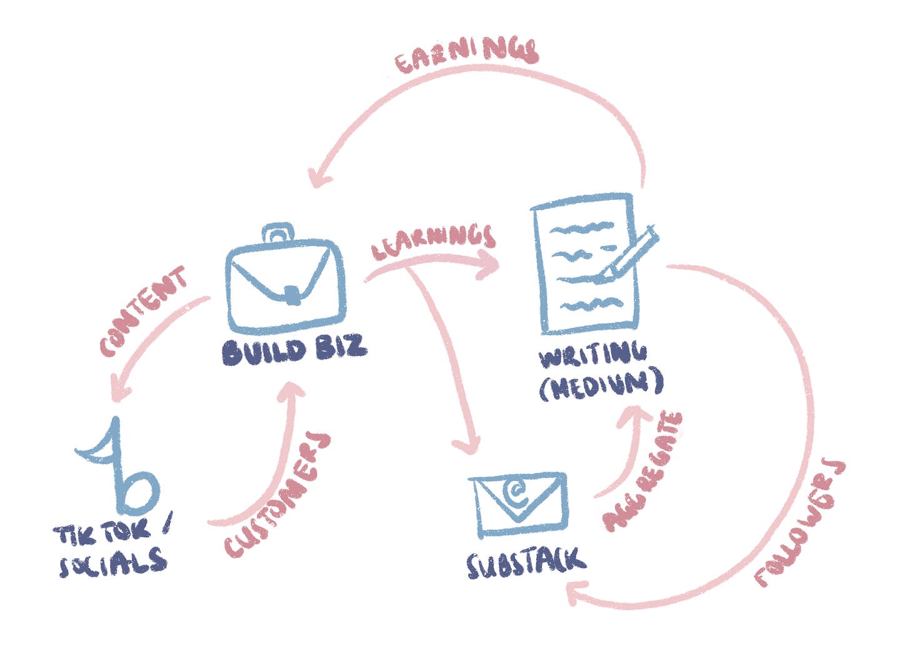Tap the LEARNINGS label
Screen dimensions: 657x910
coord(433,240)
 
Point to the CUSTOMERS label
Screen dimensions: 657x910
coord(277,493)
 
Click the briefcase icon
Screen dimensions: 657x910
coord(285,281)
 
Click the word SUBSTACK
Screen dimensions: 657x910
coord(526,563)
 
